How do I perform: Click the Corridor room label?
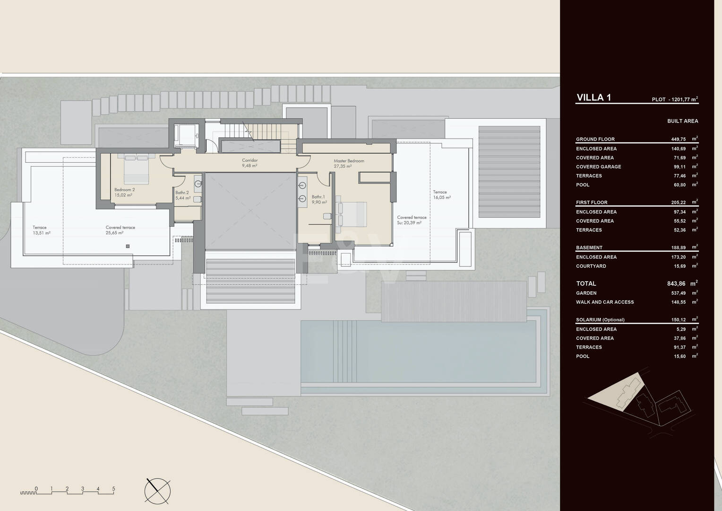(250, 160)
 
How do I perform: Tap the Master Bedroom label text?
(349, 161)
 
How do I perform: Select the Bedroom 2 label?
(124, 190)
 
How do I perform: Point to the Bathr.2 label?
(182, 193)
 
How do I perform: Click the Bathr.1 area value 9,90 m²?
(319, 202)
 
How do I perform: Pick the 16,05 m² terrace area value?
(442, 197)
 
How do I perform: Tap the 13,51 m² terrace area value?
(41, 233)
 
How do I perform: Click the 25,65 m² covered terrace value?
(114, 233)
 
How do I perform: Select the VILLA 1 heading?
(593, 97)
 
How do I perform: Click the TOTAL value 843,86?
(676, 284)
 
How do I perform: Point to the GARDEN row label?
(586, 293)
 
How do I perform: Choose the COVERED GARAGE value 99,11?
(679, 167)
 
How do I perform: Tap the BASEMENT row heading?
(589, 247)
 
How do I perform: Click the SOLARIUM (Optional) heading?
(600, 320)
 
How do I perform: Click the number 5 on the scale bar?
(113, 480)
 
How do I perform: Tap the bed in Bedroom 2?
(137, 169)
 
